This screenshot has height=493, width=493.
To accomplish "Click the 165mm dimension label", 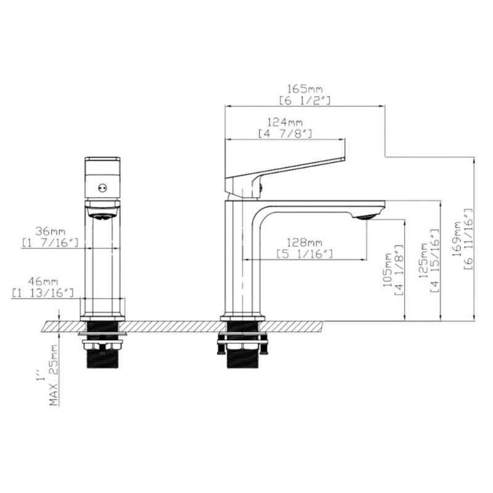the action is [305, 89].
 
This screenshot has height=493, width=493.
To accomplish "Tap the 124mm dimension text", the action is [285, 122].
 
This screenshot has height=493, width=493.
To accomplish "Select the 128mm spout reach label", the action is [304, 243].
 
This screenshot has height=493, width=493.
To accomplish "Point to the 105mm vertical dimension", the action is [388, 270].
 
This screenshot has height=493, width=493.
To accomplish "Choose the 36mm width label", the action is [51, 232].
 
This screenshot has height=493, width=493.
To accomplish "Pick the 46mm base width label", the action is [43, 282].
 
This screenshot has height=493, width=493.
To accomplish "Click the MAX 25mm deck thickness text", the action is [54, 375].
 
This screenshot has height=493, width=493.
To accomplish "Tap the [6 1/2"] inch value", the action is [305, 100].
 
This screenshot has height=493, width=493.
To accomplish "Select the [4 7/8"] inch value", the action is [285, 134].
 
